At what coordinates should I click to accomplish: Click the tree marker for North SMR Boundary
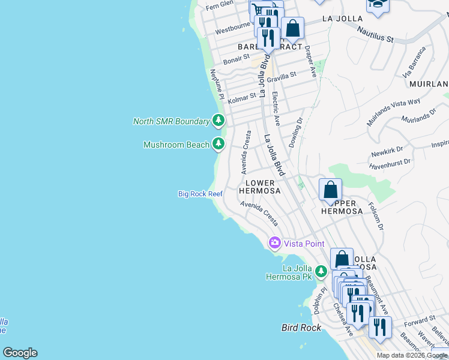(x=218, y=121)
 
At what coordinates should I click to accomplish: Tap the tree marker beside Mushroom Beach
(x=218, y=144)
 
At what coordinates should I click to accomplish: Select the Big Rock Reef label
(x=200, y=194)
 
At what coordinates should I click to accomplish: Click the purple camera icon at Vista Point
(x=275, y=243)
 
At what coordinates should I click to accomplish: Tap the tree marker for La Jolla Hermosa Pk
(x=321, y=271)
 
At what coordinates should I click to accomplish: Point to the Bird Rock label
(x=301, y=328)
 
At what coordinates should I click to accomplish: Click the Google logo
(x=20, y=353)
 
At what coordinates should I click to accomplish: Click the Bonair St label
(x=236, y=59)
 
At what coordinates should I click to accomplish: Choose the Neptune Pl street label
(x=216, y=85)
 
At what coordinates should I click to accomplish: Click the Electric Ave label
(x=276, y=109)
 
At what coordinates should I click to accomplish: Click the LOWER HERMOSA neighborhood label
(x=260, y=187)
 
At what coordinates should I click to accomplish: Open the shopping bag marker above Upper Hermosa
(x=330, y=190)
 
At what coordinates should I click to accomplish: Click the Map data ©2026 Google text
(x=412, y=355)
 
